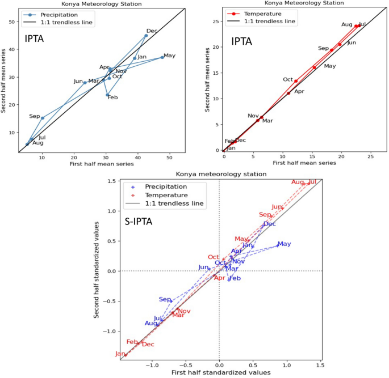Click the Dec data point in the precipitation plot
coord(146,36)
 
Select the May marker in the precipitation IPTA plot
coord(162,57)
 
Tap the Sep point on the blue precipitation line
coord(43,118)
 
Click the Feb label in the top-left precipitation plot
coord(112,97)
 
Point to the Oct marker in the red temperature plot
coord(296,81)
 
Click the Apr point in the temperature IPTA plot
coord(288,93)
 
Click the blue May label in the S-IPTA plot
coord(284,244)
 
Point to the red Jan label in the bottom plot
coord(120,354)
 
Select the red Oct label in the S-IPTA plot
coord(213,257)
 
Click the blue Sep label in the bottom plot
coord(165,299)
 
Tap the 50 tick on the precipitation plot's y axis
coord(14,22)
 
